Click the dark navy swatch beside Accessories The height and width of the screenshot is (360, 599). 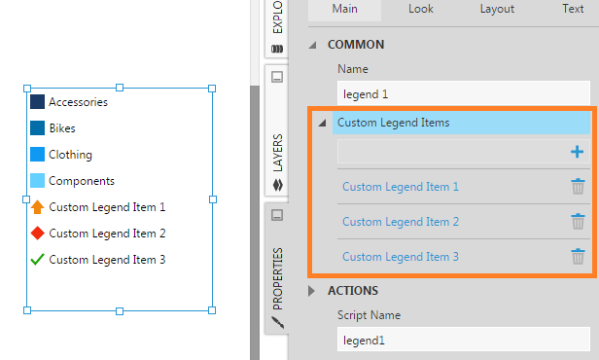pos(37,102)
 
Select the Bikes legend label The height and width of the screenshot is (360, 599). pos(62,128)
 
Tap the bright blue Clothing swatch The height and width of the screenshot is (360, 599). pos(37,155)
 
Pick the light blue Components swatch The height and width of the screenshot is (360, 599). pos(37,181)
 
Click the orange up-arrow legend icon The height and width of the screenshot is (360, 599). pos(37,206)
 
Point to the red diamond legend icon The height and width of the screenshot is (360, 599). pos(37,234)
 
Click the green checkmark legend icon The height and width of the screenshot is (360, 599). pos(37,260)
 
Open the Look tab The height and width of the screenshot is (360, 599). pos(421,9)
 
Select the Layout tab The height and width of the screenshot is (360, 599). pos(497,9)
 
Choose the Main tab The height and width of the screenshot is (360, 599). pos(344,9)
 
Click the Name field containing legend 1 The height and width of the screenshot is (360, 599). pos(464,93)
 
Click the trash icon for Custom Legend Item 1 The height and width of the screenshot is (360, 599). pos(578,187)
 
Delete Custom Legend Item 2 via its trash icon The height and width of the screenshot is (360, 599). pos(578,222)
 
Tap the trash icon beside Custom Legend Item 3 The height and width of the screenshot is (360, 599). pos(578,257)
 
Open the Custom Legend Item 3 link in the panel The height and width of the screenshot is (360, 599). pos(401,257)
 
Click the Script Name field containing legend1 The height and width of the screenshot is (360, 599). pos(464,340)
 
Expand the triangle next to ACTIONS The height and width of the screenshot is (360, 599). pos(312,291)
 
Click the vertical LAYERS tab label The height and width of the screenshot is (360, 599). pos(278,153)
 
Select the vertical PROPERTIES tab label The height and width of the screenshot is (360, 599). pos(278,278)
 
